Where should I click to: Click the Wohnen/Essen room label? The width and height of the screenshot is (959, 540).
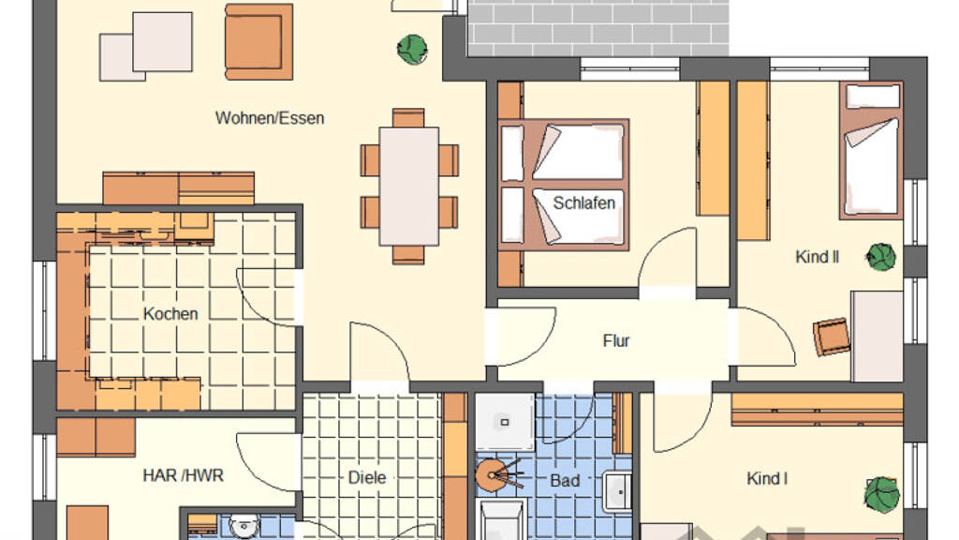coord(270,117)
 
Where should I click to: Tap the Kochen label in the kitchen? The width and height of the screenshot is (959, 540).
coord(170,314)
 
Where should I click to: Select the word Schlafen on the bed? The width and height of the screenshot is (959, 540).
coord(584,202)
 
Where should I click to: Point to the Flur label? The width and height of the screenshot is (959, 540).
coord(616,340)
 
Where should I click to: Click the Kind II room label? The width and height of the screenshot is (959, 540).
coord(817,257)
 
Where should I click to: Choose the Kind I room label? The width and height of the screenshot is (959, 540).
coord(767,478)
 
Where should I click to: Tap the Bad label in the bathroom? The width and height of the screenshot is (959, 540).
coord(565,481)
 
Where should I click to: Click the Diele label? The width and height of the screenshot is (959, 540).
coord(367,477)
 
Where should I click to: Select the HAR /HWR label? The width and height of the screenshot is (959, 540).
coord(183,475)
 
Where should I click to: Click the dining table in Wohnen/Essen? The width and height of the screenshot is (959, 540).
coord(408,187)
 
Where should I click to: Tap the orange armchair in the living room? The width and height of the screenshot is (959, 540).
coord(258,41)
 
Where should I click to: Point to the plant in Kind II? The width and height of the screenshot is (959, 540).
coord(881,257)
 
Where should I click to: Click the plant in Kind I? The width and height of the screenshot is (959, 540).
coord(882,494)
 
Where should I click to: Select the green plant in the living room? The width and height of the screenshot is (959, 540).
coord(412,50)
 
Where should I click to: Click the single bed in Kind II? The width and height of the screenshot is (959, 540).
coord(871,150)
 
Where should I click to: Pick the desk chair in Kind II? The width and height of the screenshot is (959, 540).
coord(832,337)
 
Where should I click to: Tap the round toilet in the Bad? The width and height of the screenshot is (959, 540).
coord(493,475)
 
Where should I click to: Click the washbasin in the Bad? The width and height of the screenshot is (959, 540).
coord(617,491)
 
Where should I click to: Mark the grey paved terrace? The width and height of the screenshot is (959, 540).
coord(598,28)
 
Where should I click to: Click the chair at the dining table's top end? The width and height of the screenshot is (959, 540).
coord(408,117)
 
